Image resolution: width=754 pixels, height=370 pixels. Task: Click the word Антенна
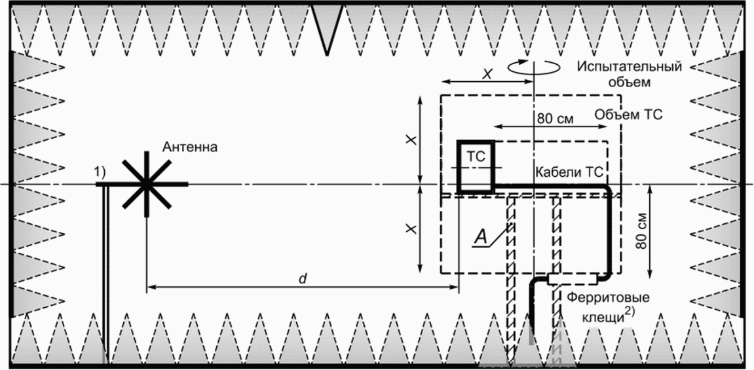[191, 147]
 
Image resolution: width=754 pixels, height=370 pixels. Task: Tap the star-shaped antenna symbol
[146, 184]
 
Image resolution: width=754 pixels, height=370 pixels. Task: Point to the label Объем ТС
[630, 115]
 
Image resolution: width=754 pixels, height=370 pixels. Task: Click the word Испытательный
[630, 67]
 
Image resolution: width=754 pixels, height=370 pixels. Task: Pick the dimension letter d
[302, 278]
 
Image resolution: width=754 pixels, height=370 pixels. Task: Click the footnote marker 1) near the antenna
[100, 172]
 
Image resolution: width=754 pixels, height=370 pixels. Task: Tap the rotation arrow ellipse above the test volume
[534, 66]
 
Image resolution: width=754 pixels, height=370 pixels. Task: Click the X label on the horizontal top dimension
[487, 75]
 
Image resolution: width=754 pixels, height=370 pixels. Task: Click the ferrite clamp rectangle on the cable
[572, 279]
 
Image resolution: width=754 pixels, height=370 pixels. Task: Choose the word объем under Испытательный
[630, 83]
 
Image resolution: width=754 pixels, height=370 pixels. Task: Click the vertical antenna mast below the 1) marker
[104, 275]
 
